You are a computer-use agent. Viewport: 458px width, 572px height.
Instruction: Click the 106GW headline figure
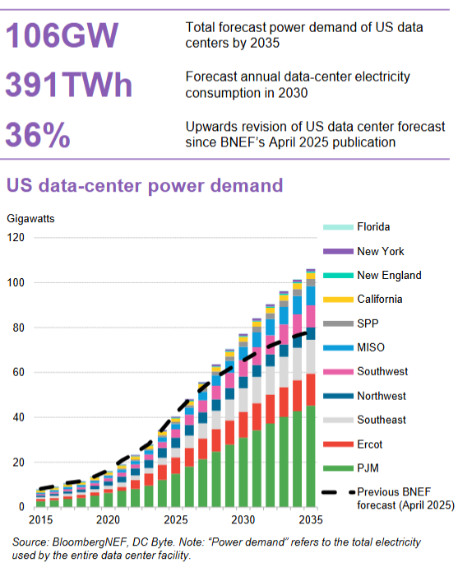click(x=62, y=35)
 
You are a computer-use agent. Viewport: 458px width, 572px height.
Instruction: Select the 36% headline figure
click(x=38, y=135)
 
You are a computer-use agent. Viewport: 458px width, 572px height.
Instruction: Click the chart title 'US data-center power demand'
click(x=145, y=185)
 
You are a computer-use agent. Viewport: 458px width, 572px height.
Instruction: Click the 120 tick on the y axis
click(x=16, y=238)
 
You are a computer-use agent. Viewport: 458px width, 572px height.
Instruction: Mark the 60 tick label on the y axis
click(x=19, y=373)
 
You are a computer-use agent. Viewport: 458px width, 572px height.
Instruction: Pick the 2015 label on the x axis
click(x=38, y=521)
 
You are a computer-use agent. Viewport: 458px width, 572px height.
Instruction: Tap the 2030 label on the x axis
click(x=242, y=521)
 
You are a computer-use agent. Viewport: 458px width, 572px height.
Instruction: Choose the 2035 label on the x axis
click(x=310, y=521)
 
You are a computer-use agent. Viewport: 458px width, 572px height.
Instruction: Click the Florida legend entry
click(x=373, y=227)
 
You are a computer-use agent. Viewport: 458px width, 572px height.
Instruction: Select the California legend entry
click(x=379, y=300)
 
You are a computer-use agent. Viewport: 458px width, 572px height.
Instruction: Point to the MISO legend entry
click(x=371, y=348)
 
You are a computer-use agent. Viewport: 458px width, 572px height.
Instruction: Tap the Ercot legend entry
click(x=371, y=445)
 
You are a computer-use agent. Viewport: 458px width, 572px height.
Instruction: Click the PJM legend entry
click(x=368, y=469)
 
